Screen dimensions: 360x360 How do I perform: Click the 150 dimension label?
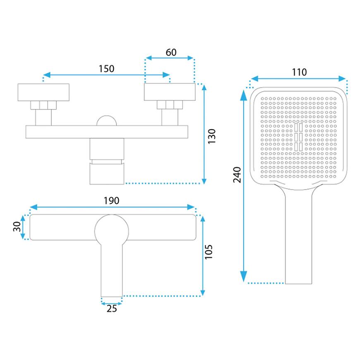106,69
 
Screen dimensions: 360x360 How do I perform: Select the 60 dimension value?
171,53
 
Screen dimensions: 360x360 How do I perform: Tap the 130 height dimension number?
212,137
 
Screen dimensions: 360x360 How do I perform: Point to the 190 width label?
111,201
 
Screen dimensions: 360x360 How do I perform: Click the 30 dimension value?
17,227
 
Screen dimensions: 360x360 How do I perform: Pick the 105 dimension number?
209,252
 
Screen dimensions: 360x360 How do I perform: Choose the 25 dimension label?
112,309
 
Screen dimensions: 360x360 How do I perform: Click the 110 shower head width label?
299,72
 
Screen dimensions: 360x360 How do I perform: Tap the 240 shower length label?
237,175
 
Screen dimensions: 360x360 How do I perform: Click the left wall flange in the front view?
43,92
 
